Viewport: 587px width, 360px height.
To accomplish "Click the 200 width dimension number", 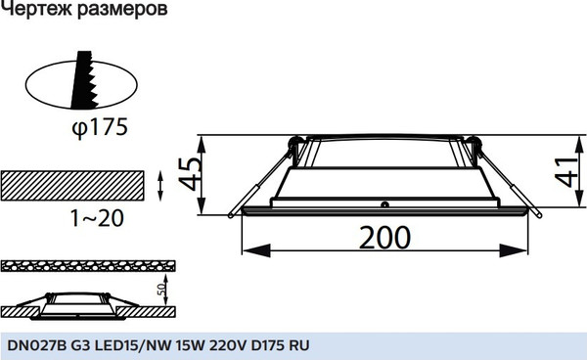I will (384, 238).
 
